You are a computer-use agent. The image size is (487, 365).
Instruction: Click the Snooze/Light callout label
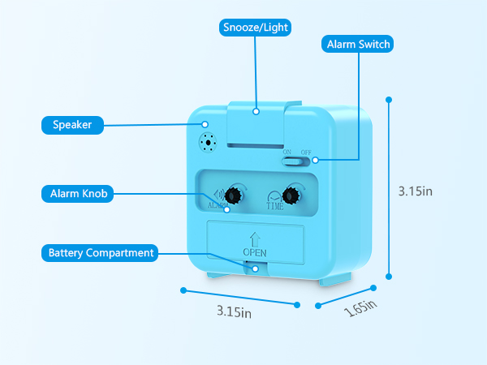pos(255,28)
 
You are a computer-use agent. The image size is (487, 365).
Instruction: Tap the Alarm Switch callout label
pos(357,44)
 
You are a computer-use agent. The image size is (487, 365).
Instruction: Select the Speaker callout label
pos(72,125)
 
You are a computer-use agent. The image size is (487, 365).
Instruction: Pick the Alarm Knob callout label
pos(78,194)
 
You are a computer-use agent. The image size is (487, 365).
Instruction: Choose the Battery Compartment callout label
pos(100,253)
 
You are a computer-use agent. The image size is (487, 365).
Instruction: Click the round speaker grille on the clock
pos(208,143)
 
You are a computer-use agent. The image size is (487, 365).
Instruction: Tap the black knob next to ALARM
pos(233,195)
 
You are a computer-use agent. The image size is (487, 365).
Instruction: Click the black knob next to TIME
pos(291,195)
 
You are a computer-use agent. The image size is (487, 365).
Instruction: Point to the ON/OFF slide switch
pos(295,161)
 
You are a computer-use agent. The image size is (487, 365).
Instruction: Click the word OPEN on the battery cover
pos(255,252)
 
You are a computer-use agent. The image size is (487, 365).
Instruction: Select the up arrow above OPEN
pos(255,239)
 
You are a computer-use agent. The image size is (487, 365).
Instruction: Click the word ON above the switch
pos(287,152)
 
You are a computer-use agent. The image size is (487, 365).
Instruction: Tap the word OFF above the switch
pos(306,152)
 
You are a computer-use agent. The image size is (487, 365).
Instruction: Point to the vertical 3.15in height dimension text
pos(416,191)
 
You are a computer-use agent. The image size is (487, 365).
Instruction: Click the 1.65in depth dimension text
pos(360,308)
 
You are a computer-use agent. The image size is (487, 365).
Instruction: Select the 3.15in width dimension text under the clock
pos(235,311)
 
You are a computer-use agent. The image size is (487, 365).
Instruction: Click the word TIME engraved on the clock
pos(275,206)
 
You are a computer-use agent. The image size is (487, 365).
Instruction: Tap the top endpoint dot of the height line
pos(389,100)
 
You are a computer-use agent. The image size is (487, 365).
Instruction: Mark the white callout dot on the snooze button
pos(256,111)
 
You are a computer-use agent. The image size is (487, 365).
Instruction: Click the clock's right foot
pos(335,279)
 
